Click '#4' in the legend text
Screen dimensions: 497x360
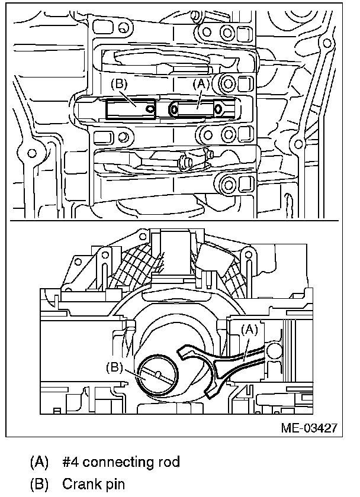pyautogui.click(x=70, y=461)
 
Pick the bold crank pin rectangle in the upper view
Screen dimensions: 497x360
pyautogui.click(x=130, y=109)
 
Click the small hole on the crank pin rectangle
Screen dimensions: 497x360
pyautogui.click(x=150, y=108)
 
